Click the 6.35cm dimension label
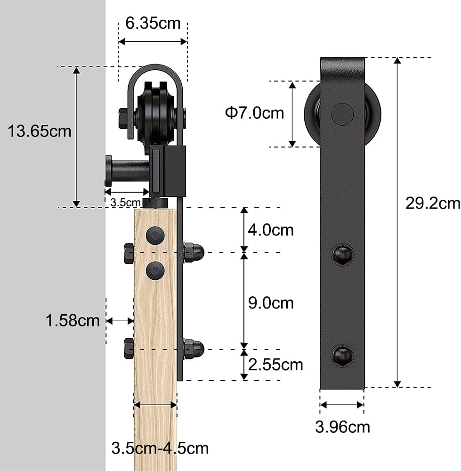click(x=153, y=23)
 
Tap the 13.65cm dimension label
click(x=40, y=131)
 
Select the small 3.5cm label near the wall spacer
click(x=126, y=203)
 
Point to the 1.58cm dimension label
click(x=73, y=320)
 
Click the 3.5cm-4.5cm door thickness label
click(x=160, y=448)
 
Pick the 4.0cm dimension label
click(x=271, y=230)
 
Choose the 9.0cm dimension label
click(x=271, y=303)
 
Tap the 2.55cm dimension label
click(x=275, y=365)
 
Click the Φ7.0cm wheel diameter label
click(x=254, y=113)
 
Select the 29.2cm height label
click(x=433, y=203)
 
